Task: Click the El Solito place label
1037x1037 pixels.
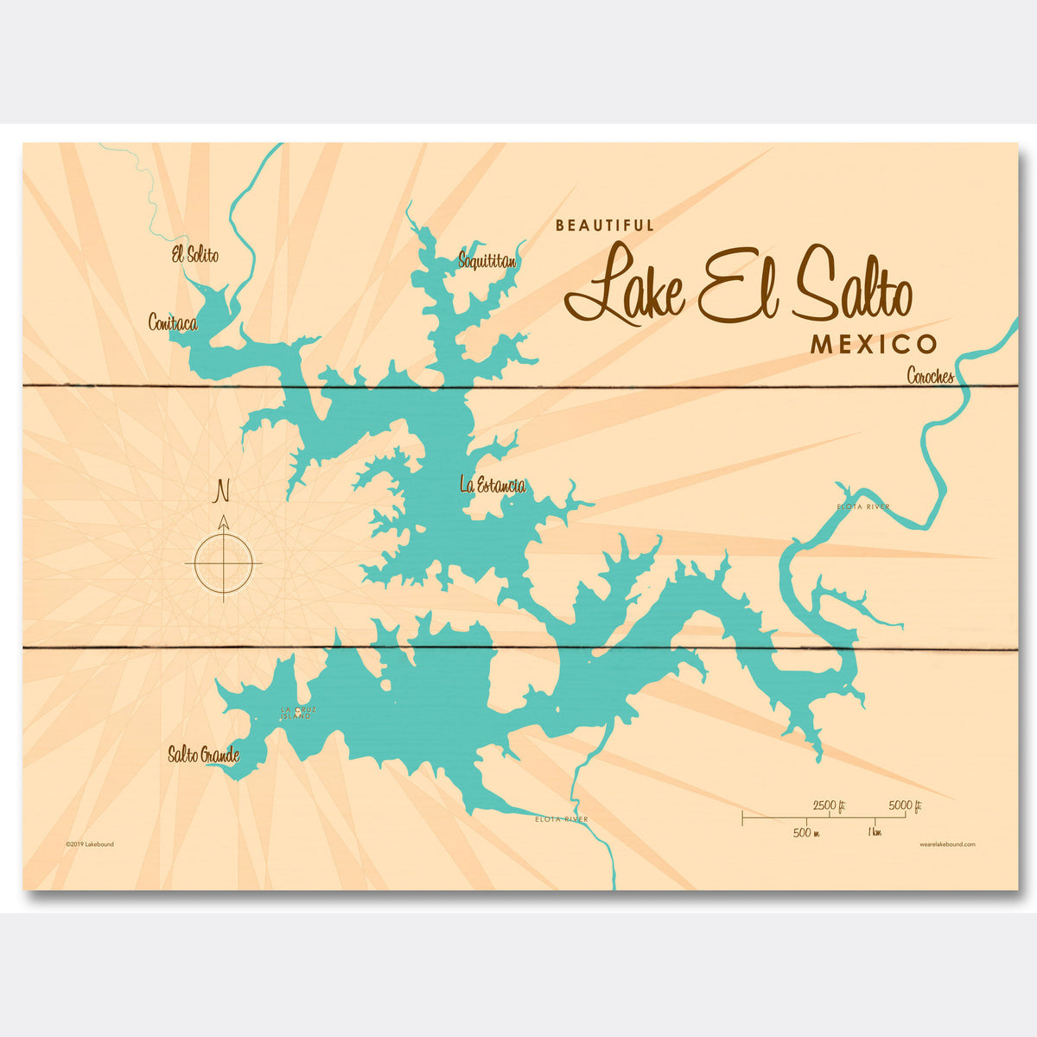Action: pos(194,255)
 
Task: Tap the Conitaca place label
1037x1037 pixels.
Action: pos(173,323)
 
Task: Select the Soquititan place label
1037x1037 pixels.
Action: pos(487,259)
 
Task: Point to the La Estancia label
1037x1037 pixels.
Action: pos(493,486)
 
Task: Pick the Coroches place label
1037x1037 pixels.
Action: pos(931,376)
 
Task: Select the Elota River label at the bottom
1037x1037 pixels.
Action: pos(562,818)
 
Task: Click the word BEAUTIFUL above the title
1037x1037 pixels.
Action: pos(605,226)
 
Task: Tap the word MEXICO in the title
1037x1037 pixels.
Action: pos(873,345)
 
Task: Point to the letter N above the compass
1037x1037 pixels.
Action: pos(222,492)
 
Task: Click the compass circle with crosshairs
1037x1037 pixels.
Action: pos(223,563)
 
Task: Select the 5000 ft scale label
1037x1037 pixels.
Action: pos(906,806)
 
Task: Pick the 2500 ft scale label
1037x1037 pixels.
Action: pos(829,806)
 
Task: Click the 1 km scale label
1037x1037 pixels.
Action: pos(875,833)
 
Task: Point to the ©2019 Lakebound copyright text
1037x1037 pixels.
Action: pos(89,844)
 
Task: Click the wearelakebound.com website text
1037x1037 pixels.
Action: pos(947,844)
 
